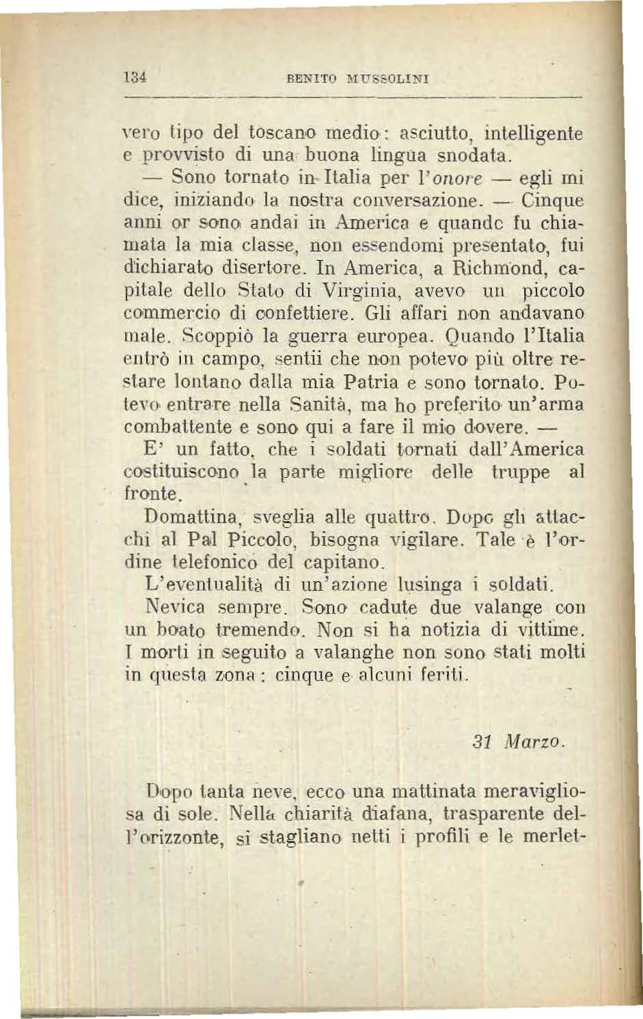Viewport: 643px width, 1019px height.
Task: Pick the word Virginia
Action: (x=353, y=292)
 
